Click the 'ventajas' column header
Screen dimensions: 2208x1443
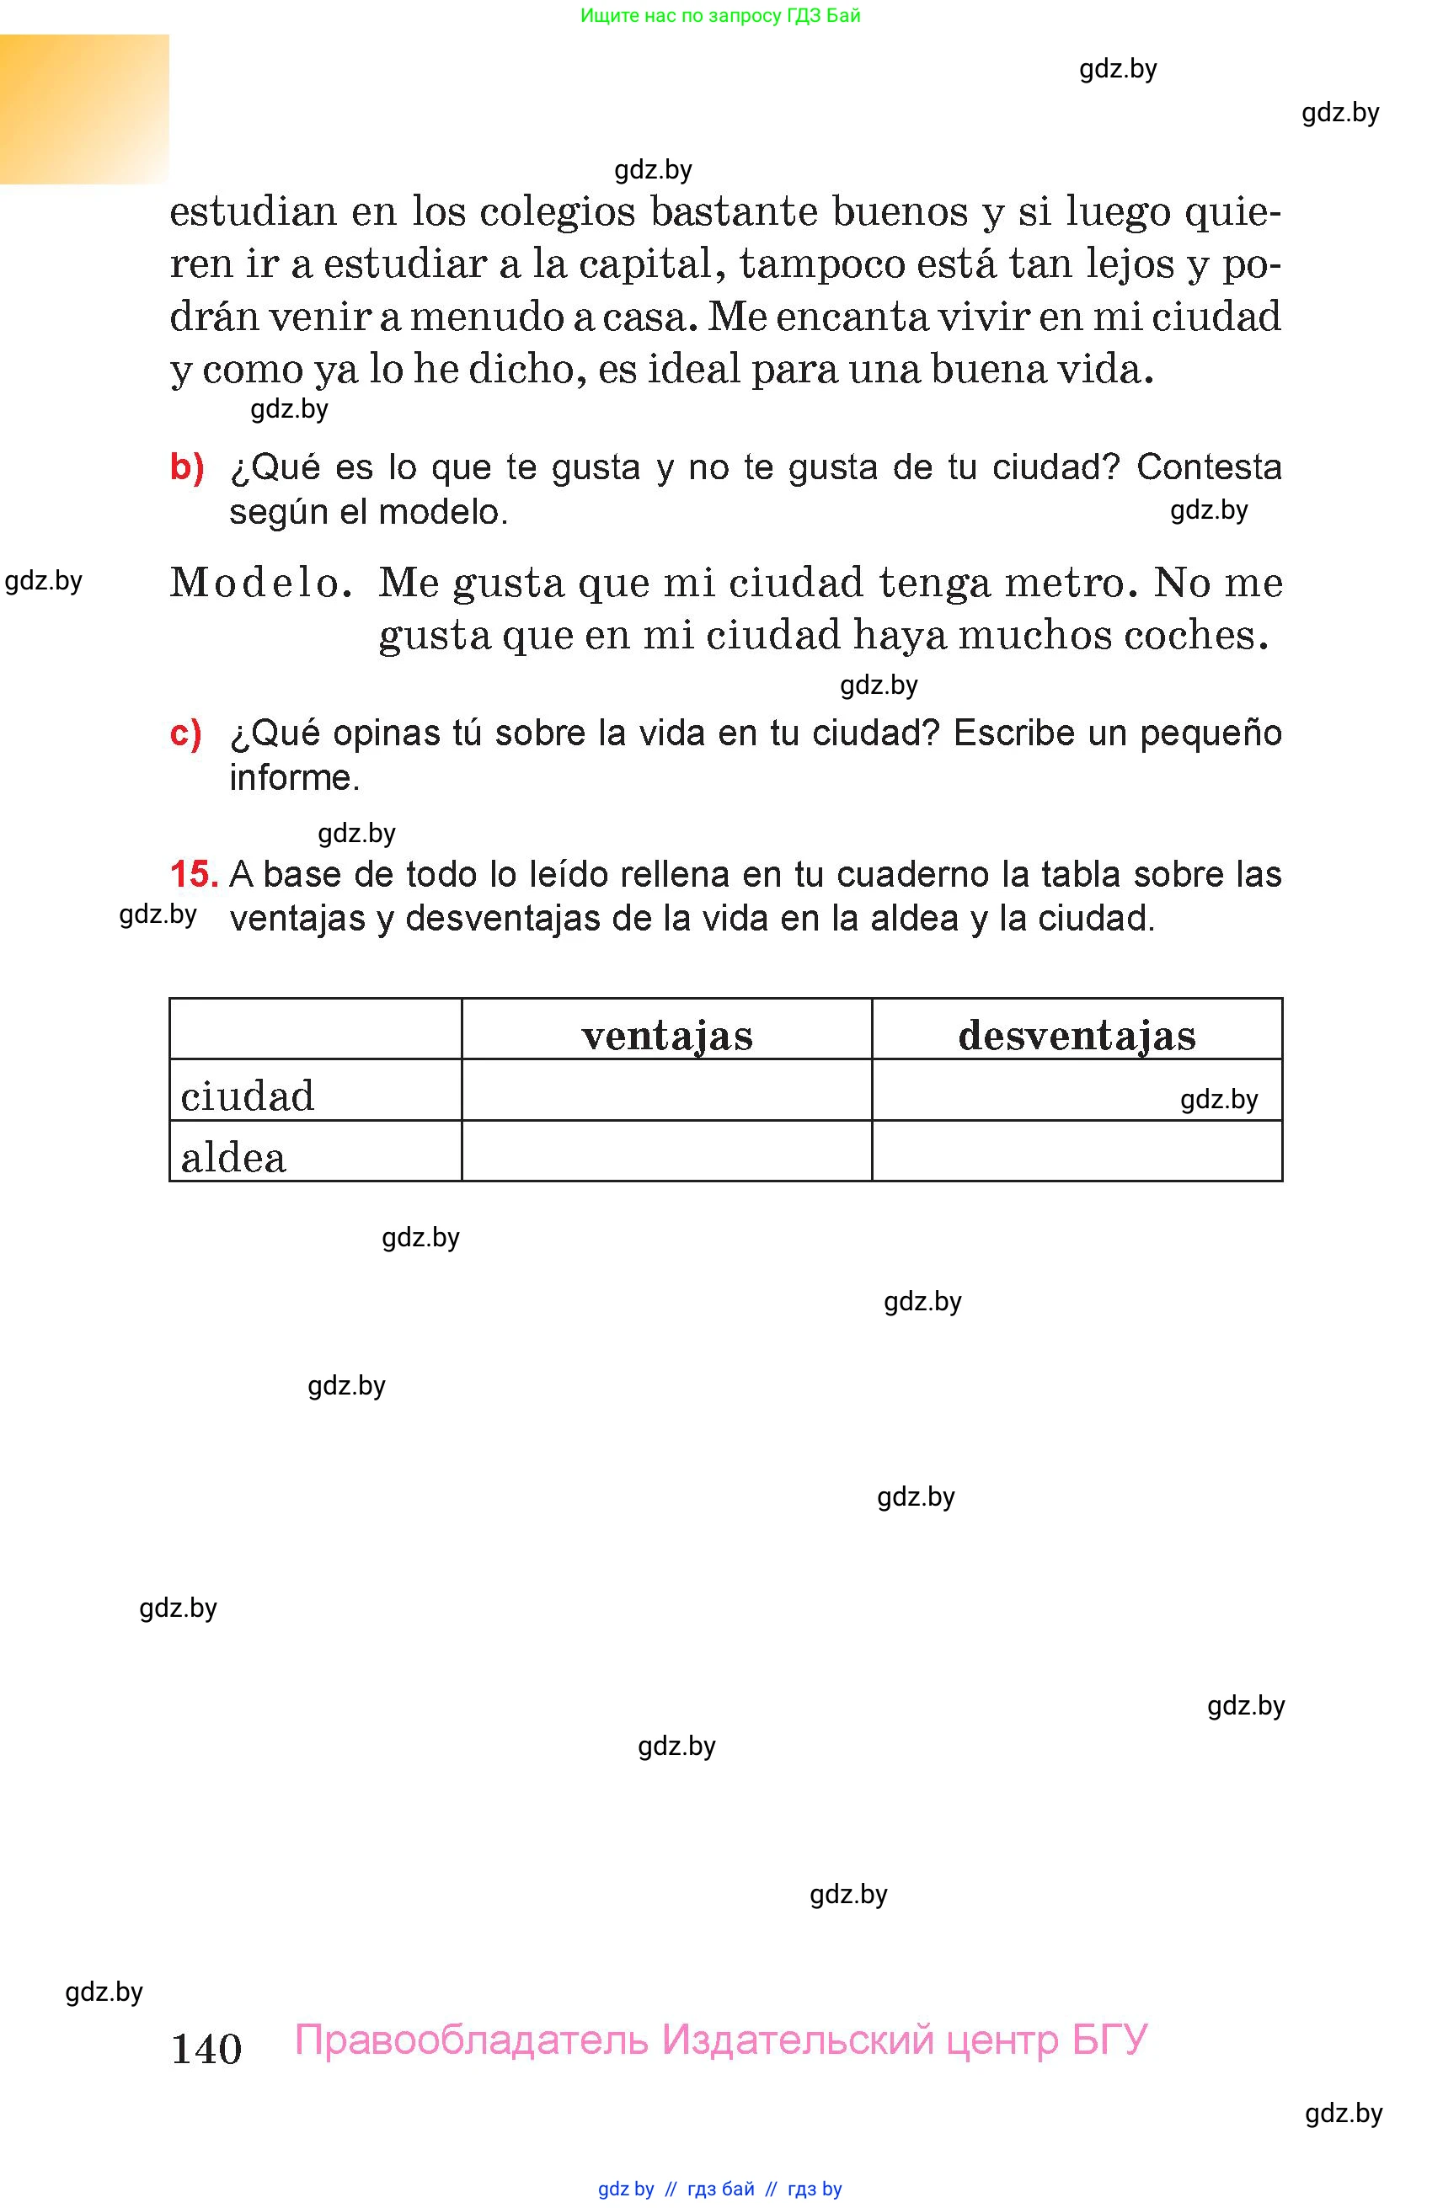point(667,1034)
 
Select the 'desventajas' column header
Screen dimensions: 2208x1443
point(1077,1034)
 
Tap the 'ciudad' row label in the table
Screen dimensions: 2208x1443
point(248,1096)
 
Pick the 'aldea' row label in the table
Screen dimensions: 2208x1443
point(234,1157)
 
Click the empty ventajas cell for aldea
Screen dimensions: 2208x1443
point(666,1151)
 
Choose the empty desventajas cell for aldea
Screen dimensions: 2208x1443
point(1077,1151)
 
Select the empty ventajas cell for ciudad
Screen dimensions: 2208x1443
point(666,1090)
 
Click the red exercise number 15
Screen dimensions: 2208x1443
point(193,874)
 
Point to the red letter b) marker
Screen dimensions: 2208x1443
point(186,467)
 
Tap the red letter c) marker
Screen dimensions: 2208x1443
point(185,733)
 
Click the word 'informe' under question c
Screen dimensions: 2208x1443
point(293,777)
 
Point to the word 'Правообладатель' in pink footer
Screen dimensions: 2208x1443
point(471,2039)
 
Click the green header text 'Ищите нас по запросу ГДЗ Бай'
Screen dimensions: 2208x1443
point(720,16)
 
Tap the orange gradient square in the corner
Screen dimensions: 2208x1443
point(84,109)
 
